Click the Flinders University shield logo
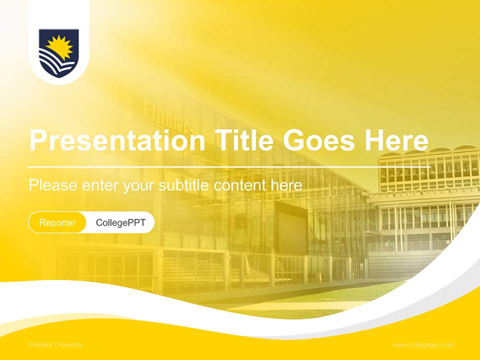click(x=58, y=53)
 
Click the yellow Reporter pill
click(x=57, y=222)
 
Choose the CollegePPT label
click(x=120, y=222)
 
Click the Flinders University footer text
click(x=56, y=345)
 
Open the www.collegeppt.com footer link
click(x=422, y=345)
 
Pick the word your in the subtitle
click(x=140, y=186)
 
